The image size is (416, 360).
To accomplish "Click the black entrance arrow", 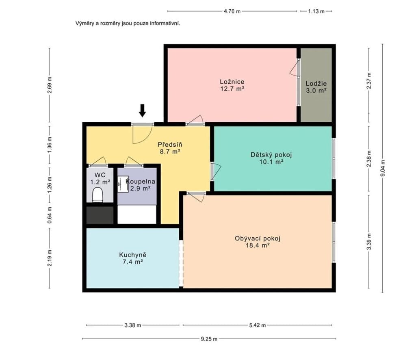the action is point(143,111).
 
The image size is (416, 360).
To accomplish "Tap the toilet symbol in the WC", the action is point(97,195).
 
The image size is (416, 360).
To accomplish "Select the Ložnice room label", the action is point(232,82).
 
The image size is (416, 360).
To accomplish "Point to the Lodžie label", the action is point(316,83).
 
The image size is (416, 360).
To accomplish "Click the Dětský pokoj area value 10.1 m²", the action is point(271,162).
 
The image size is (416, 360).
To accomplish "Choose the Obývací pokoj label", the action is point(257,238).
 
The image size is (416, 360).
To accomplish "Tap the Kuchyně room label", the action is point(133,255).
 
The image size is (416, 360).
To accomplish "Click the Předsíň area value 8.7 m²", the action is point(170,152).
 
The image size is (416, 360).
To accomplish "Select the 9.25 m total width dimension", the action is point(209,339).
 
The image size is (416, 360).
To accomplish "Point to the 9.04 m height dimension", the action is point(382,168).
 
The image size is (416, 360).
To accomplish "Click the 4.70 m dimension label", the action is point(232,11).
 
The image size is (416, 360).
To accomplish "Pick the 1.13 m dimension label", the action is point(316,11).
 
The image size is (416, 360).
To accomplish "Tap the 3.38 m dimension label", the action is point(133,325).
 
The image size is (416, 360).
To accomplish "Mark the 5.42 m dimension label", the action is point(257,325).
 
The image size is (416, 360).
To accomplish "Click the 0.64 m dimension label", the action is point(50,215).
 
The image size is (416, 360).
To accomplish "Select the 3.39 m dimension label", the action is point(369,241).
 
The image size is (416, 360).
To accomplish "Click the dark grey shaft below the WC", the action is point(100,215).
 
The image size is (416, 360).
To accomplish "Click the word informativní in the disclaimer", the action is point(165,23).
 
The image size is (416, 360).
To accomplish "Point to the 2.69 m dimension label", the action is point(50,85).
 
